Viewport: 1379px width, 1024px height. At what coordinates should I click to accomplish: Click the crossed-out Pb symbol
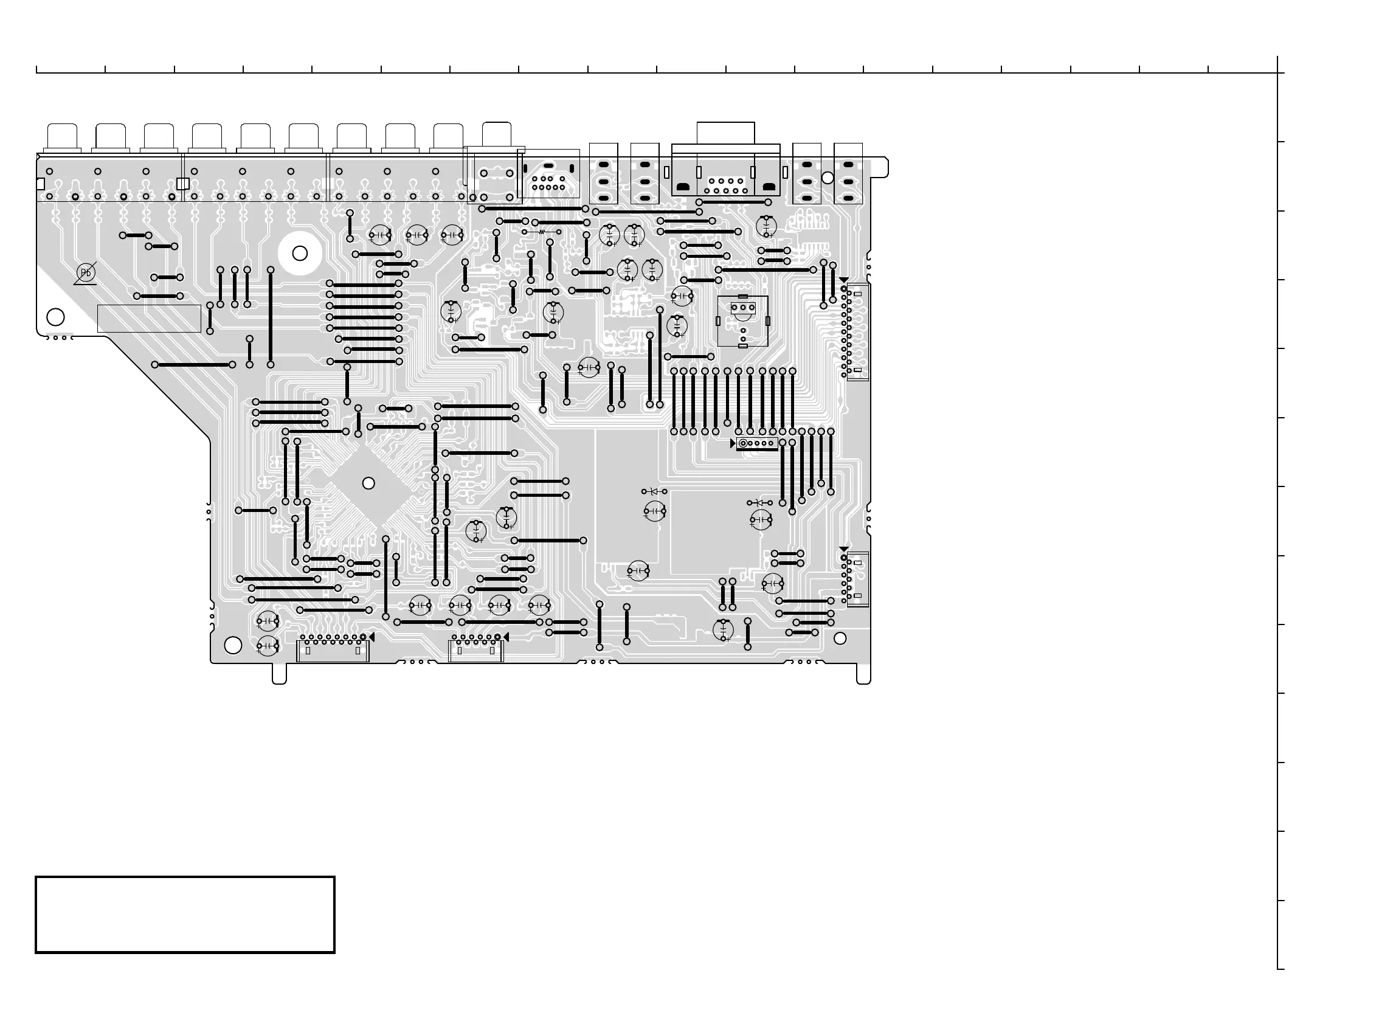tap(86, 273)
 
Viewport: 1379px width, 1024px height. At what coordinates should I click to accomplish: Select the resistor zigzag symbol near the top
tap(542, 232)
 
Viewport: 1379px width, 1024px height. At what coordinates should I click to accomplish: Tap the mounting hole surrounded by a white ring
tap(300, 253)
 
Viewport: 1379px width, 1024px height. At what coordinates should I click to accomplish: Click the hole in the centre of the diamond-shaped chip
tap(368, 483)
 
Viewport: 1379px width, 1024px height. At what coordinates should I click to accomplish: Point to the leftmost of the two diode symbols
tap(654, 491)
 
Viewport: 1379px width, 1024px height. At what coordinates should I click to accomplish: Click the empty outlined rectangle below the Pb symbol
tap(149, 319)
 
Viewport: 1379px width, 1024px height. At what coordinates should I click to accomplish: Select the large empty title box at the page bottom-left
tap(185, 915)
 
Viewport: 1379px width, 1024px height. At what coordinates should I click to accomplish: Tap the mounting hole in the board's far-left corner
tap(56, 317)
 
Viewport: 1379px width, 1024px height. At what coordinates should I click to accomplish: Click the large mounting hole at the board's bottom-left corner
tap(232, 645)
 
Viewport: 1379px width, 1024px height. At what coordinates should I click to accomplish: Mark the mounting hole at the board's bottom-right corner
tap(840, 638)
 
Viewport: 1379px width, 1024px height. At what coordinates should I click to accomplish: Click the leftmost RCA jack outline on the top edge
tap(62, 136)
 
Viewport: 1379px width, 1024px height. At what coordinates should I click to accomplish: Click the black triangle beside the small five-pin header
tap(733, 443)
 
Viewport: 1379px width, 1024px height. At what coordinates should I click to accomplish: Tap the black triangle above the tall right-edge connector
tap(843, 280)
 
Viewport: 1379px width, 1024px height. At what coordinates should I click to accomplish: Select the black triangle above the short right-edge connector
tap(843, 549)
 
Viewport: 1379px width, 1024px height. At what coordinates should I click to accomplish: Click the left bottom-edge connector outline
tap(333, 650)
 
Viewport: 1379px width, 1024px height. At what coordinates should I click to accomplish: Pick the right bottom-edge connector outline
tap(476, 650)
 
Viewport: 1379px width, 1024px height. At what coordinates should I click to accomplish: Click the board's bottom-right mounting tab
tap(863, 674)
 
